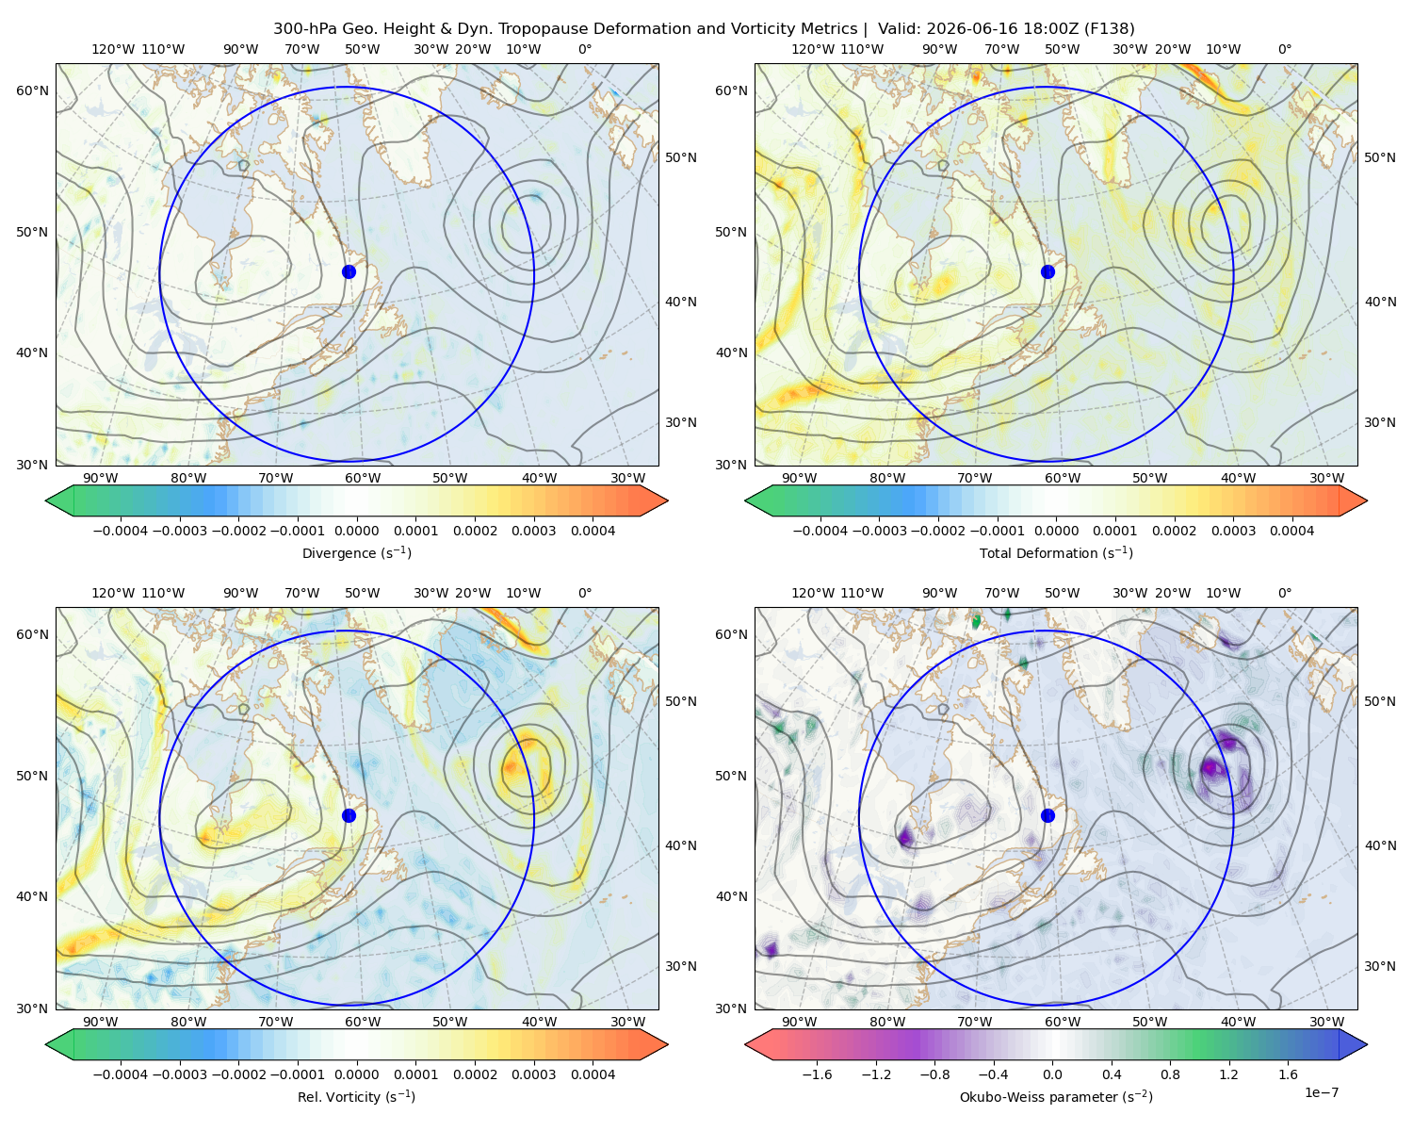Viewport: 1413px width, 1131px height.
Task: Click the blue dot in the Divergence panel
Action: click(349, 271)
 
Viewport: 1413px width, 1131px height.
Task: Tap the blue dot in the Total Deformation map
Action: click(1048, 271)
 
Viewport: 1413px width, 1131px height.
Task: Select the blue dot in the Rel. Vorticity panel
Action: click(349, 815)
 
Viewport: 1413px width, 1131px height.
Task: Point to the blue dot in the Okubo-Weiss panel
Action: click(1048, 815)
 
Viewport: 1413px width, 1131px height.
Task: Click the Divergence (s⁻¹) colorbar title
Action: click(356, 552)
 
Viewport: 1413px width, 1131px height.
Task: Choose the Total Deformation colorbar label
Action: click(1056, 552)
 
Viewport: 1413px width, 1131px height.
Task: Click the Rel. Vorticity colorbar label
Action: click(356, 1096)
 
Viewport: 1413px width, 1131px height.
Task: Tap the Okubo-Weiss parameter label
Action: click(1056, 1096)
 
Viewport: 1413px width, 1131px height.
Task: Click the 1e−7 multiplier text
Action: click(1321, 1092)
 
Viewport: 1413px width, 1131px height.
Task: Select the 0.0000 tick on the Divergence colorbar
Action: click(356, 531)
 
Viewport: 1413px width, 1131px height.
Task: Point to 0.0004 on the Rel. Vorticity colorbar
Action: click(593, 1074)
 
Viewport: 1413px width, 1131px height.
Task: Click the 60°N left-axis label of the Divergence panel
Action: click(32, 90)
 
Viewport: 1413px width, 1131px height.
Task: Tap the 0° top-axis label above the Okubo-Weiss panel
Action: click(1284, 593)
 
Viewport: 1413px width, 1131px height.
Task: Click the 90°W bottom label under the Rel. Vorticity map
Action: click(101, 1022)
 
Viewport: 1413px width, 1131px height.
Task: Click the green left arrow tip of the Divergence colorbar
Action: click(46, 500)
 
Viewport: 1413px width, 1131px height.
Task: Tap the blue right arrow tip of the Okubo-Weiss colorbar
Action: click(1367, 1044)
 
